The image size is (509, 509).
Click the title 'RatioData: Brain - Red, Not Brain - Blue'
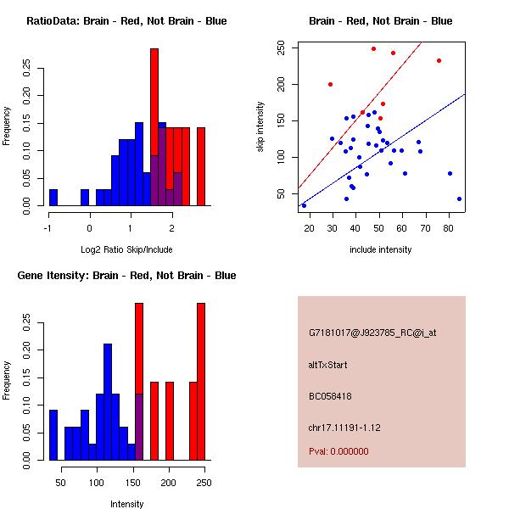click(x=126, y=21)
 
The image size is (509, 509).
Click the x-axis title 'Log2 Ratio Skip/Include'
click(x=126, y=250)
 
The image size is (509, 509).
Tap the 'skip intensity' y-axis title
click(x=260, y=127)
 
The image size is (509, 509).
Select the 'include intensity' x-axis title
click(x=382, y=249)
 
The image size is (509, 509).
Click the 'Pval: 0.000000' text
click(x=338, y=451)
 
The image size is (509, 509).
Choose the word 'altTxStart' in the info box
click(x=328, y=365)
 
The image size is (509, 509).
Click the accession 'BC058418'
click(x=330, y=395)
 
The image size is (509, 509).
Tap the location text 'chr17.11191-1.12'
click(x=344, y=427)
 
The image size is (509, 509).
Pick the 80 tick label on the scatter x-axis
click(x=449, y=227)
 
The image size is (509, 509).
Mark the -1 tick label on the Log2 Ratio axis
click(x=49, y=227)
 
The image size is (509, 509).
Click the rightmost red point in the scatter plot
click(x=439, y=60)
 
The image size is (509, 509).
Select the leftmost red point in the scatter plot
click(x=330, y=84)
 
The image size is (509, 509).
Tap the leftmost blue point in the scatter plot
click(x=304, y=205)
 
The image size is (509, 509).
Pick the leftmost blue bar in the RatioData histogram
click(x=53, y=197)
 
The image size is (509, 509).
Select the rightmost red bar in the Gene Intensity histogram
click(x=201, y=382)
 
